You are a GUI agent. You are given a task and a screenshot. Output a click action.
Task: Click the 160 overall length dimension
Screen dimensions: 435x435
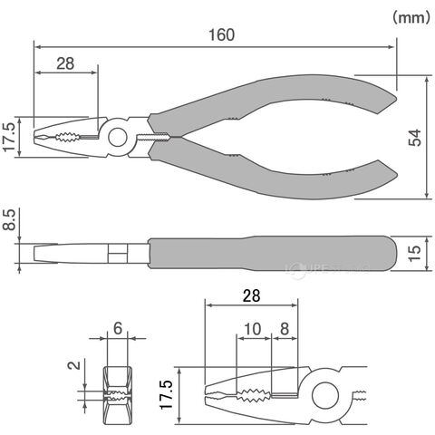pos(221,35)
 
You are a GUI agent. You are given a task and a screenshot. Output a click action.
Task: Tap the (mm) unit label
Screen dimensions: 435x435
pos(411,17)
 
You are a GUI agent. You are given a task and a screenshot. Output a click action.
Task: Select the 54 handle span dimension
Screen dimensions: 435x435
pos(415,138)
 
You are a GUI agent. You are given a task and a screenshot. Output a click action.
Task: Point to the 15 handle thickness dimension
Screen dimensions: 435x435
pos(415,254)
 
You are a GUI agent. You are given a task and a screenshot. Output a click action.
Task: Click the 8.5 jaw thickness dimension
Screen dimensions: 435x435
pos(9,220)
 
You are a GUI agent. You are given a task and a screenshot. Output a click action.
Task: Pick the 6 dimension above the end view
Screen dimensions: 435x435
pos(118,328)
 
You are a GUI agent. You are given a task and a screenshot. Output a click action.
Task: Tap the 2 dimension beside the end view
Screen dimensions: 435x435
pos(74,365)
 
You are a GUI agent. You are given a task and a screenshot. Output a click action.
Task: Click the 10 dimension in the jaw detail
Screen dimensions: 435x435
pos(253,329)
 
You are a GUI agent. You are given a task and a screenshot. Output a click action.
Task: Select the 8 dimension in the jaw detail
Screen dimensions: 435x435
pos(285,329)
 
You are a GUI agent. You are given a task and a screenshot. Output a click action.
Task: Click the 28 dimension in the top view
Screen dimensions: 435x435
pos(65,63)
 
